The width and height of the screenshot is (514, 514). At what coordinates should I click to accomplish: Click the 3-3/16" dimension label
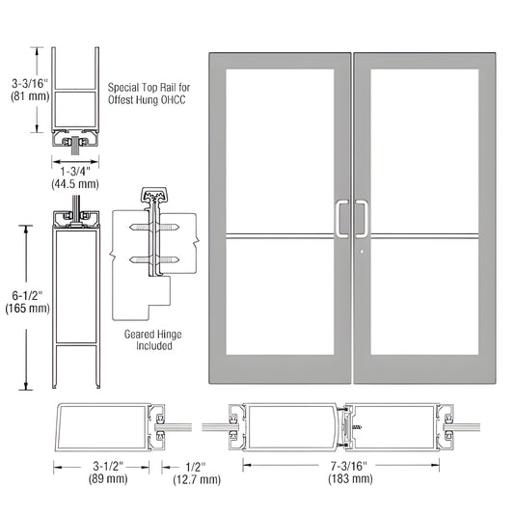pyautogui.click(x=24, y=84)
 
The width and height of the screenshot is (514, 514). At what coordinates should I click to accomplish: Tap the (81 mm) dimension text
pyautogui.click(x=24, y=98)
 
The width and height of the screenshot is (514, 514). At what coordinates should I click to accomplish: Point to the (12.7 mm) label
pyautogui.click(x=197, y=477)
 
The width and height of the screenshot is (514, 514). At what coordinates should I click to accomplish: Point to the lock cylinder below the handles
pyautogui.click(x=359, y=256)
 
